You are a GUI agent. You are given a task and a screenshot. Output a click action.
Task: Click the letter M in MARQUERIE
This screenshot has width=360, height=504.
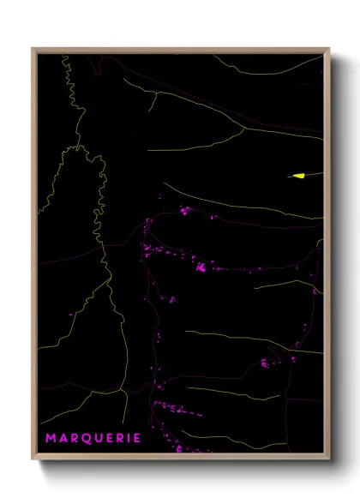tap(51, 438)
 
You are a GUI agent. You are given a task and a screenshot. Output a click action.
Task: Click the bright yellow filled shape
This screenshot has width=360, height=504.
tap(299, 176)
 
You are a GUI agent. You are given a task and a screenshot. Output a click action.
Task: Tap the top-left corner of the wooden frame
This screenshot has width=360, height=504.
tap(33, 48)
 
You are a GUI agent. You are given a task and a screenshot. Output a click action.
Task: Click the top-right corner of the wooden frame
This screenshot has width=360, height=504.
tap(329, 48)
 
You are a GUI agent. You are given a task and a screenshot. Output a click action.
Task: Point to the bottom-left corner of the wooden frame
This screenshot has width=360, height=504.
tap(33, 459)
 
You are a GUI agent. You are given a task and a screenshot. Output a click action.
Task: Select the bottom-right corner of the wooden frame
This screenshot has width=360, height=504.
tap(329, 459)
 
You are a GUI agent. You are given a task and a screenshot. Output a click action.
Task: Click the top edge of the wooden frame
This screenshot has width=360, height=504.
tap(181, 49)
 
